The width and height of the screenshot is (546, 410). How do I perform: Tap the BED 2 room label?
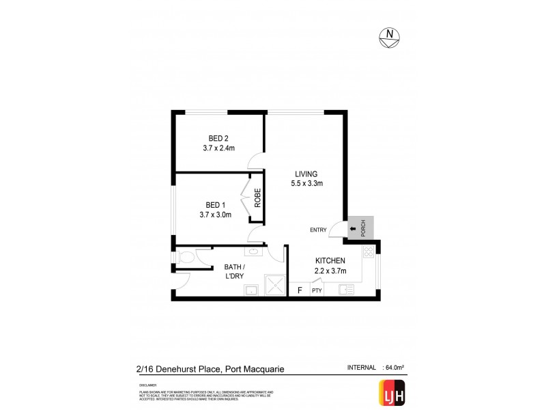tap(218, 138)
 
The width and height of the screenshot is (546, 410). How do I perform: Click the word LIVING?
tap(306, 173)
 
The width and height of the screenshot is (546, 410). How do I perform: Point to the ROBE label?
tap(257, 197)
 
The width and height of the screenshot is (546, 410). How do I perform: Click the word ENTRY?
tap(319, 230)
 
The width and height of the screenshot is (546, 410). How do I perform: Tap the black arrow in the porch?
tap(352, 230)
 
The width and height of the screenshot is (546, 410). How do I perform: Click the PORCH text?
tap(363, 228)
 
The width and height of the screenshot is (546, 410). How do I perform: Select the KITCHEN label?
tap(330, 261)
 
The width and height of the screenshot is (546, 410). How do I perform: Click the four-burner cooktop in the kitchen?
tap(369, 253)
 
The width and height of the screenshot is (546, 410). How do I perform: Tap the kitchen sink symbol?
tap(346, 289)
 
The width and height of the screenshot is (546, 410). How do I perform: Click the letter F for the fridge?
tap(298, 290)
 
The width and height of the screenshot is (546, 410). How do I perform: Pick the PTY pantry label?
tap(316, 290)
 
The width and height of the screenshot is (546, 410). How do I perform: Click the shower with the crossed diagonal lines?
tap(274, 288)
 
